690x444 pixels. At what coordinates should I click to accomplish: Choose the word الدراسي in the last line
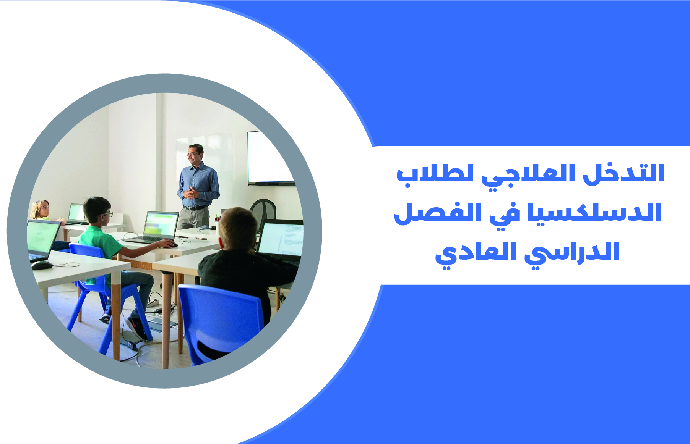[x=571, y=253]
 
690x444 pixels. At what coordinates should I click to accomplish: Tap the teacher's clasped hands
[x=190, y=192]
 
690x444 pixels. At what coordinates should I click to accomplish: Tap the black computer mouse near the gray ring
[x=42, y=265]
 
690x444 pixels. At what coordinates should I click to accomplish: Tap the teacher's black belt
[x=195, y=208]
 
